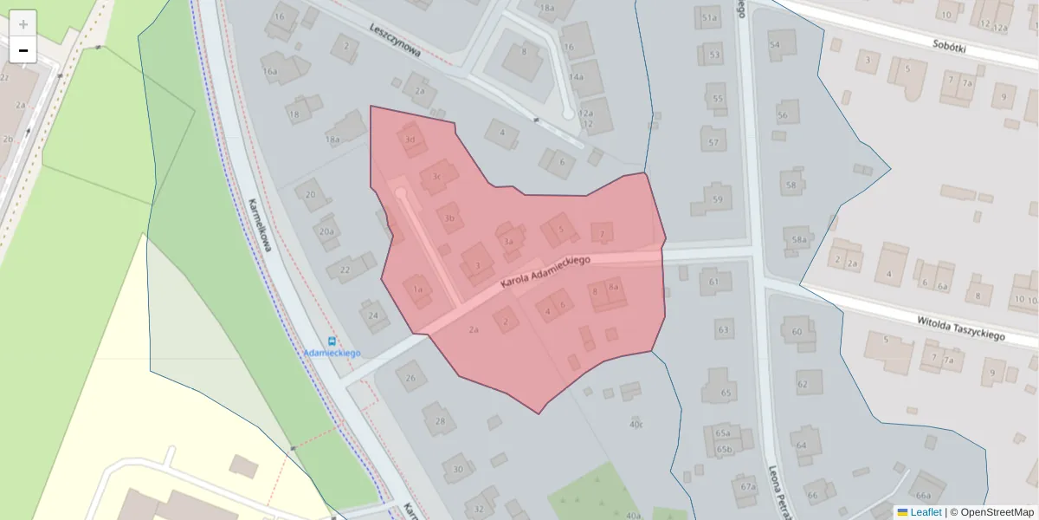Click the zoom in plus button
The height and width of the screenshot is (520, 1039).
click(x=23, y=24)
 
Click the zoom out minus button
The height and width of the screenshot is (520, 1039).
click(x=23, y=50)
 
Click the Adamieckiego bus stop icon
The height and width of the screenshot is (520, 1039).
click(x=332, y=341)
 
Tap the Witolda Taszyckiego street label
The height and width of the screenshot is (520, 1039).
click(x=960, y=328)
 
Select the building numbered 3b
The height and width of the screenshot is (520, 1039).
click(x=449, y=217)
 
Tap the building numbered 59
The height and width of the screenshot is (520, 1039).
click(x=716, y=198)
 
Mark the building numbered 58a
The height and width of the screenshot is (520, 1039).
click(x=799, y=239)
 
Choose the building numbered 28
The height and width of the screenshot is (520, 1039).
click(x=440, y=421)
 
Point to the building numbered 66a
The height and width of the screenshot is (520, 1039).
click(x=924, y=490)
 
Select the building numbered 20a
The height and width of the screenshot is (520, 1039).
click(x=326, y=231)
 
